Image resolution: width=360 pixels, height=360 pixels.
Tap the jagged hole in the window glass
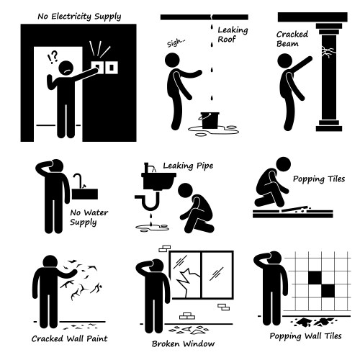point(189,279)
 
